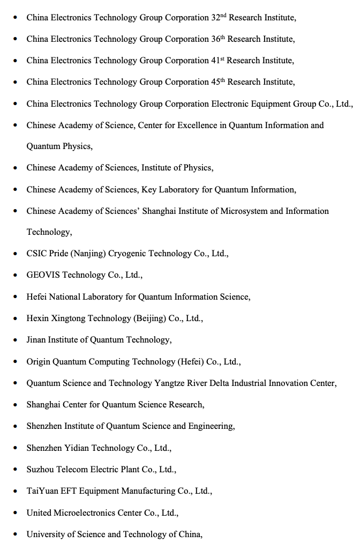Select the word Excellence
coord(198,125)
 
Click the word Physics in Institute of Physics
coord(198,168)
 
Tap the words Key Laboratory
coord(169,189)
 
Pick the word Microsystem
coord(244,211)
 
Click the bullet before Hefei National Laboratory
coord(15,297)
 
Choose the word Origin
coord(39,362)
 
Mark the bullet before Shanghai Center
coord(15,405)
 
